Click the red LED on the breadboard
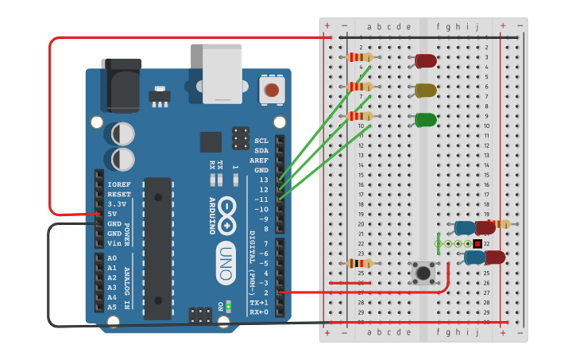click(x=425, y=60)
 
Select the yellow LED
click(x=425, y=90)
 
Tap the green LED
click(x=425, y=120)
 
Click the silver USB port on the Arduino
click(x=222, y=73)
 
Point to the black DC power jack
click(x=121, y=83)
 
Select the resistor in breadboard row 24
click(x=360, y=263)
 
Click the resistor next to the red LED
click(x=360, y=56)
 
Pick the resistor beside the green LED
click(x=360, y=116)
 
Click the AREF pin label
click(x=261, y=160)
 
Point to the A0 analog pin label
click(x=112, y=258)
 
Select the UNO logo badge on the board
click(x=226, y=262)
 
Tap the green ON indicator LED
click(x=228, y=305)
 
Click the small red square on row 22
click(x=477, y=243)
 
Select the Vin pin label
click(x=114, y=243)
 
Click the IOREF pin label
click(x=118, y=184)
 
